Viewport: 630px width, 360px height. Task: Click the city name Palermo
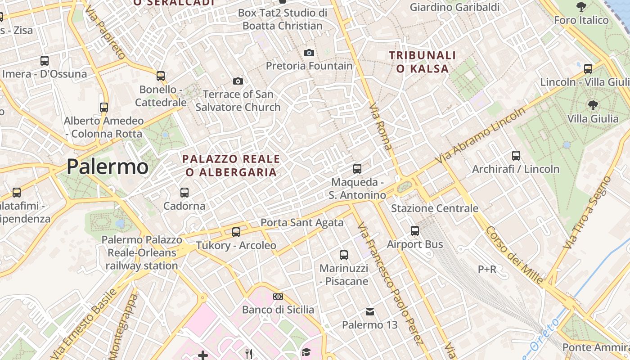(108, 167)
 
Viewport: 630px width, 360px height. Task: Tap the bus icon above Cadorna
(184, 193)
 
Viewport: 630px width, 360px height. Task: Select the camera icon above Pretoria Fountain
(309, 53)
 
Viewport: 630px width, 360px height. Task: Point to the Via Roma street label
(380, 126)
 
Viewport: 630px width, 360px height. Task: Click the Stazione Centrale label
(434, 208)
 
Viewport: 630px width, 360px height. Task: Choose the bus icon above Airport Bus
(415, 231)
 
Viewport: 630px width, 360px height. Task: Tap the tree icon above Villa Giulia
(593, 105)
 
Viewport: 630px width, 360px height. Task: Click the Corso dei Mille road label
(514, 255)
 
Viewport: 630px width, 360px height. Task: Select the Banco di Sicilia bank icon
(278, 297)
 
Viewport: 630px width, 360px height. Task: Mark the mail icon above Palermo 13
(370, 311)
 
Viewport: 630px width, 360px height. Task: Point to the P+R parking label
(487, 269)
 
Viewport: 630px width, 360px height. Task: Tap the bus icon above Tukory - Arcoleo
(236, 232)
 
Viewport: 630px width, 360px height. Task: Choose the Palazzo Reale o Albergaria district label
(231, 165)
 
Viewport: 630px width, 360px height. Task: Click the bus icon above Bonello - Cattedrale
(161, 76)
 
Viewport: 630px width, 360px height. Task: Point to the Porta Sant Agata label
(302, 222)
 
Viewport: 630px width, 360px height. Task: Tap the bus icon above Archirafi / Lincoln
(516, 156)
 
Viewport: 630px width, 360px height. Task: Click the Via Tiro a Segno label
(587, 212)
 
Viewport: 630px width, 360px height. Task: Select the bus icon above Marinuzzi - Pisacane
(344, 255)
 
